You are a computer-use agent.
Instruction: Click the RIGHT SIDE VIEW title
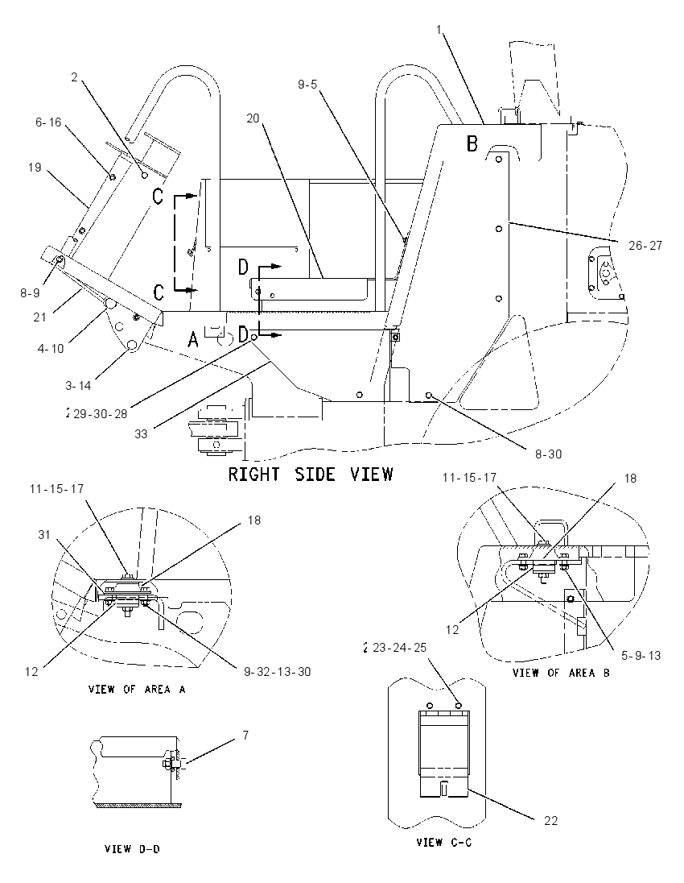(x=310, y=474)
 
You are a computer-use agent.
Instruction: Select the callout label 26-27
(x=645, y=245)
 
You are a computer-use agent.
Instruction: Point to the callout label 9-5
(x=307, y=85)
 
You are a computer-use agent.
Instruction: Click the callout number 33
(x=141, y=433)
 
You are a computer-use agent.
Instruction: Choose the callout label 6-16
(x=48, y=122)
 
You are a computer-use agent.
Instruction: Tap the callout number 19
(x=35, y=167)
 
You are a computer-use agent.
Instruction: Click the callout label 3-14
(x=77, y=385)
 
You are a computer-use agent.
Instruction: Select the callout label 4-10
(x=51, y=348)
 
